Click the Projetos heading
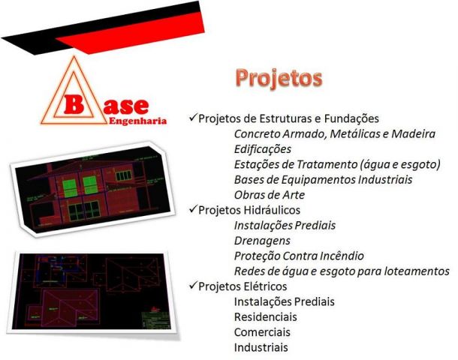[x=279, y=79]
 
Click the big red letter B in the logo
[x=74, y=104]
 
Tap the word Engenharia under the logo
[x=137, y=121]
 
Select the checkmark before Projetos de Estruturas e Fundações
[x=193, y=118]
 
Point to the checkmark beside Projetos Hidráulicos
[x=193, y=209]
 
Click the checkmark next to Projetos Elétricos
[x=193, y=286]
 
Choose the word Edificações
[x=263, y=149]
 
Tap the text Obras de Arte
[x=270, y=195]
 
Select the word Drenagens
[x=262, y=241]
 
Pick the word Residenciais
[x=266, y=317]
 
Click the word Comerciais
[x=262, y=332]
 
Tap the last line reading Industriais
[x=261, y=347]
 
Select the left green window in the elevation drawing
[x=70, y=189]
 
